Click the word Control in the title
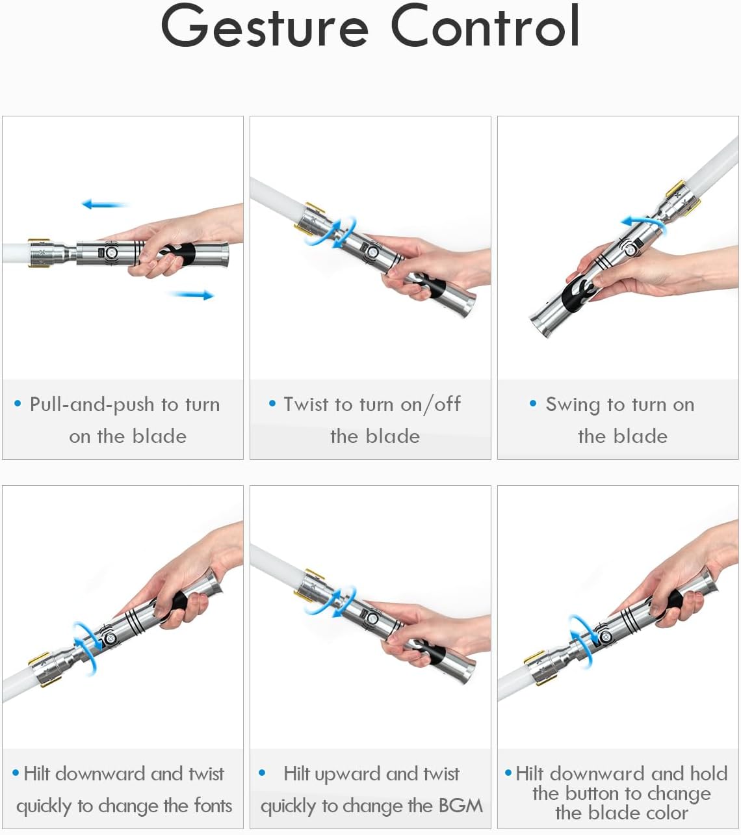click(x=485, y=25)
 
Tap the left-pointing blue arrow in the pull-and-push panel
click(x=105, y=204)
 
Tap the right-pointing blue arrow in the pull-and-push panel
click(x=191, y=295)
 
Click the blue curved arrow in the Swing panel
click(x=643, y=222)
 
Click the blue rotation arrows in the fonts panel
click(x=87, y=650)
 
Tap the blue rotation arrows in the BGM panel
click(x=330, y=602)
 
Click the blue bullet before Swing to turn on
click(x=533, y=403)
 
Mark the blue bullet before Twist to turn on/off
click(x=272, y=403)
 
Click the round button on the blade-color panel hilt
click(x=605, y=637)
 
